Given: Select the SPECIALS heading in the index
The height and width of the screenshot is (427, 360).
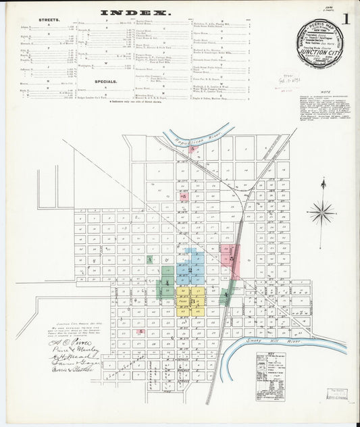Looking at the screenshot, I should [105, 81].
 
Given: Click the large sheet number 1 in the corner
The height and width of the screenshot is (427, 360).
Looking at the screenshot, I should [345, 19].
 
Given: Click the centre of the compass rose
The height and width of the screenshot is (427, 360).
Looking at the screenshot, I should [322, 212].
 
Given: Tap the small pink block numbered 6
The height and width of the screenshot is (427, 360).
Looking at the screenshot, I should [183, 197].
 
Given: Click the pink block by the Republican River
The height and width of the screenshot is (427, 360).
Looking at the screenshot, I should [193, 149].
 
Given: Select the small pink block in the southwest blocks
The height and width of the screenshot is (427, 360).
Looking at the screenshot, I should [140, 332].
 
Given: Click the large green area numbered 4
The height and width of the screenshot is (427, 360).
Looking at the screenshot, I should [166, 282].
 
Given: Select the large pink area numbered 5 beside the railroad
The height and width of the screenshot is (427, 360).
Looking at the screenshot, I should [232, 258].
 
